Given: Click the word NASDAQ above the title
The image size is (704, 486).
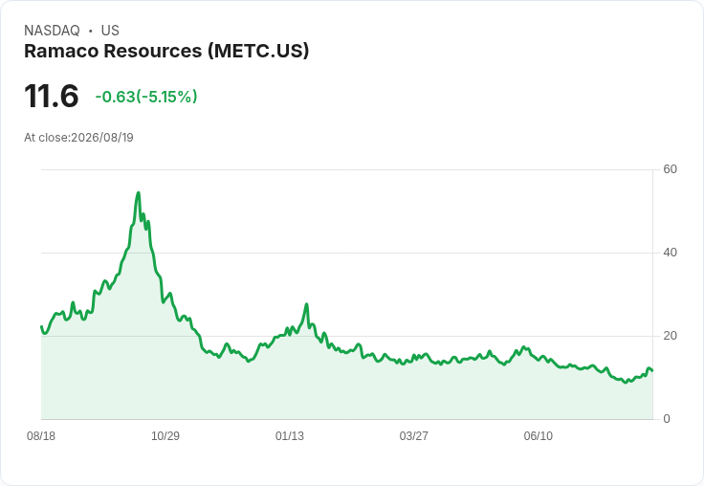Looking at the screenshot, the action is click(52, 31).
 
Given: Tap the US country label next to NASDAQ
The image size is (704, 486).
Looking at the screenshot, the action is click(110, 31).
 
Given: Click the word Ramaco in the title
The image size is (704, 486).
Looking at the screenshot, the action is click(61, 51).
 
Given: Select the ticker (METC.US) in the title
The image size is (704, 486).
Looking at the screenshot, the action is click(258, 51).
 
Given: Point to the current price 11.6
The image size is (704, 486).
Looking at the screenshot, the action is click(52, 96).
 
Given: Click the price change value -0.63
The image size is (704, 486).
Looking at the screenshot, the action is click(115, 97).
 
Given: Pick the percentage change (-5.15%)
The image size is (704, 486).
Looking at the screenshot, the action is click(166, 97).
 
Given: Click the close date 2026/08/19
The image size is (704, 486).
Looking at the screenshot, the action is click(102, 138).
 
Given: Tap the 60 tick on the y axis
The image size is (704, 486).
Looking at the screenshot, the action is click(670, 169).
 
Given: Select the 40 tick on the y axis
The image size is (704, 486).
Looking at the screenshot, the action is click(670, 253).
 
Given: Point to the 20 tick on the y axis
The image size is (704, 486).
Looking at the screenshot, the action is click(670, 336).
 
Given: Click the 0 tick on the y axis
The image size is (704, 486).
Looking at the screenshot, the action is click(667, 419).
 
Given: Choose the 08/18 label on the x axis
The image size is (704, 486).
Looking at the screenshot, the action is click(41, 435).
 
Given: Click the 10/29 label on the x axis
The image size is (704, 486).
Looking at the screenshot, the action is click(165, 435).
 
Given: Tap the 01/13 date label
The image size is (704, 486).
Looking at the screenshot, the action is click(290, 435).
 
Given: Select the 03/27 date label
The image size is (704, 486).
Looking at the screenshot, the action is click(413, 435).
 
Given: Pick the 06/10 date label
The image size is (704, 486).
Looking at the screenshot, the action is click(538, 435).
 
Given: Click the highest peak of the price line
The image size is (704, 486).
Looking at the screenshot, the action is click(139, 192).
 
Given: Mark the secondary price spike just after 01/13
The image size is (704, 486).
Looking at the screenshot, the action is click(307, 304).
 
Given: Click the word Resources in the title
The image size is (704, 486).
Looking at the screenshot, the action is click(153, 51).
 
